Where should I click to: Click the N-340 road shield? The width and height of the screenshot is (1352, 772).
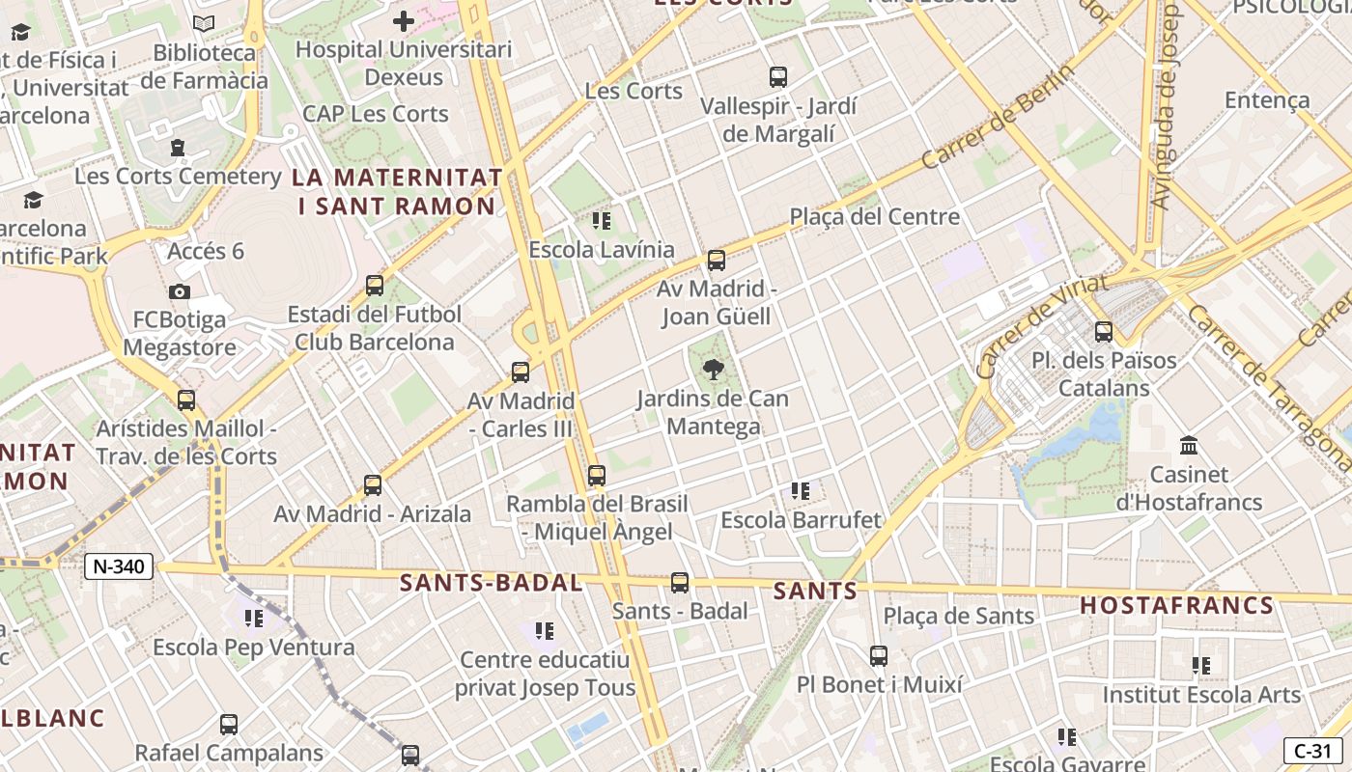(x=119, y=566)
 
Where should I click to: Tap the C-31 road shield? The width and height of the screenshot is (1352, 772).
(x=1312, y=751)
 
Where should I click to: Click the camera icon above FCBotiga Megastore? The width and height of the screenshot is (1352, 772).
(x=179, y=291)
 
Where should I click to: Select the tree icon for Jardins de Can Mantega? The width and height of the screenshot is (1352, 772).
(x=714, y=370)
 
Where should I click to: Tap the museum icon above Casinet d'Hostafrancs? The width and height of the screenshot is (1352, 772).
(x=1189, y=446)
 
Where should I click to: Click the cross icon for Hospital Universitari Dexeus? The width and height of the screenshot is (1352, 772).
(x=404, y=20)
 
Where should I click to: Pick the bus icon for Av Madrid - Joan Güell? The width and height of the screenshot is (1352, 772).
(x=716, y=260)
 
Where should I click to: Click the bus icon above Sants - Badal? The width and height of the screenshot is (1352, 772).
(x=680, y=582)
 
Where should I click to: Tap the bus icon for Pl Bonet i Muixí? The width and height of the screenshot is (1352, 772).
(x=879, y=656)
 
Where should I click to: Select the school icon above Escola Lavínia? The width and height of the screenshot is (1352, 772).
(x=602, y=221)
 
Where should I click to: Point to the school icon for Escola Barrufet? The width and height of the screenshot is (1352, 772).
(x=800, y=491)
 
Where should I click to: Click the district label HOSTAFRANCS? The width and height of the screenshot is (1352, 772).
(x=1176, y=605)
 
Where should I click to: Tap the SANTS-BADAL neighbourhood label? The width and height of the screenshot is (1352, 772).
(x=491, y=583)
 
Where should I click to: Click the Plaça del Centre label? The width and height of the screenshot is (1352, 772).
(x=875, y=217)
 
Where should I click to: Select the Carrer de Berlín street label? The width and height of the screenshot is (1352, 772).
(x=998, y=117)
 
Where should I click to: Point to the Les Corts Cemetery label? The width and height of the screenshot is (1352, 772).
(x=178, y=177)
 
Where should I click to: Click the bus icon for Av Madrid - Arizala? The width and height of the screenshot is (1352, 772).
(x=373, y=484)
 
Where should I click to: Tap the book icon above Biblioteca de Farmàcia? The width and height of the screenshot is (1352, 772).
(x=204, y=24)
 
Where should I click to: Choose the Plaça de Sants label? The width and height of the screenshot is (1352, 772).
(x=958, y=616)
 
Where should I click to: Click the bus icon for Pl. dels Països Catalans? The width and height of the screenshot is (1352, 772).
(x=1103, y=332)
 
